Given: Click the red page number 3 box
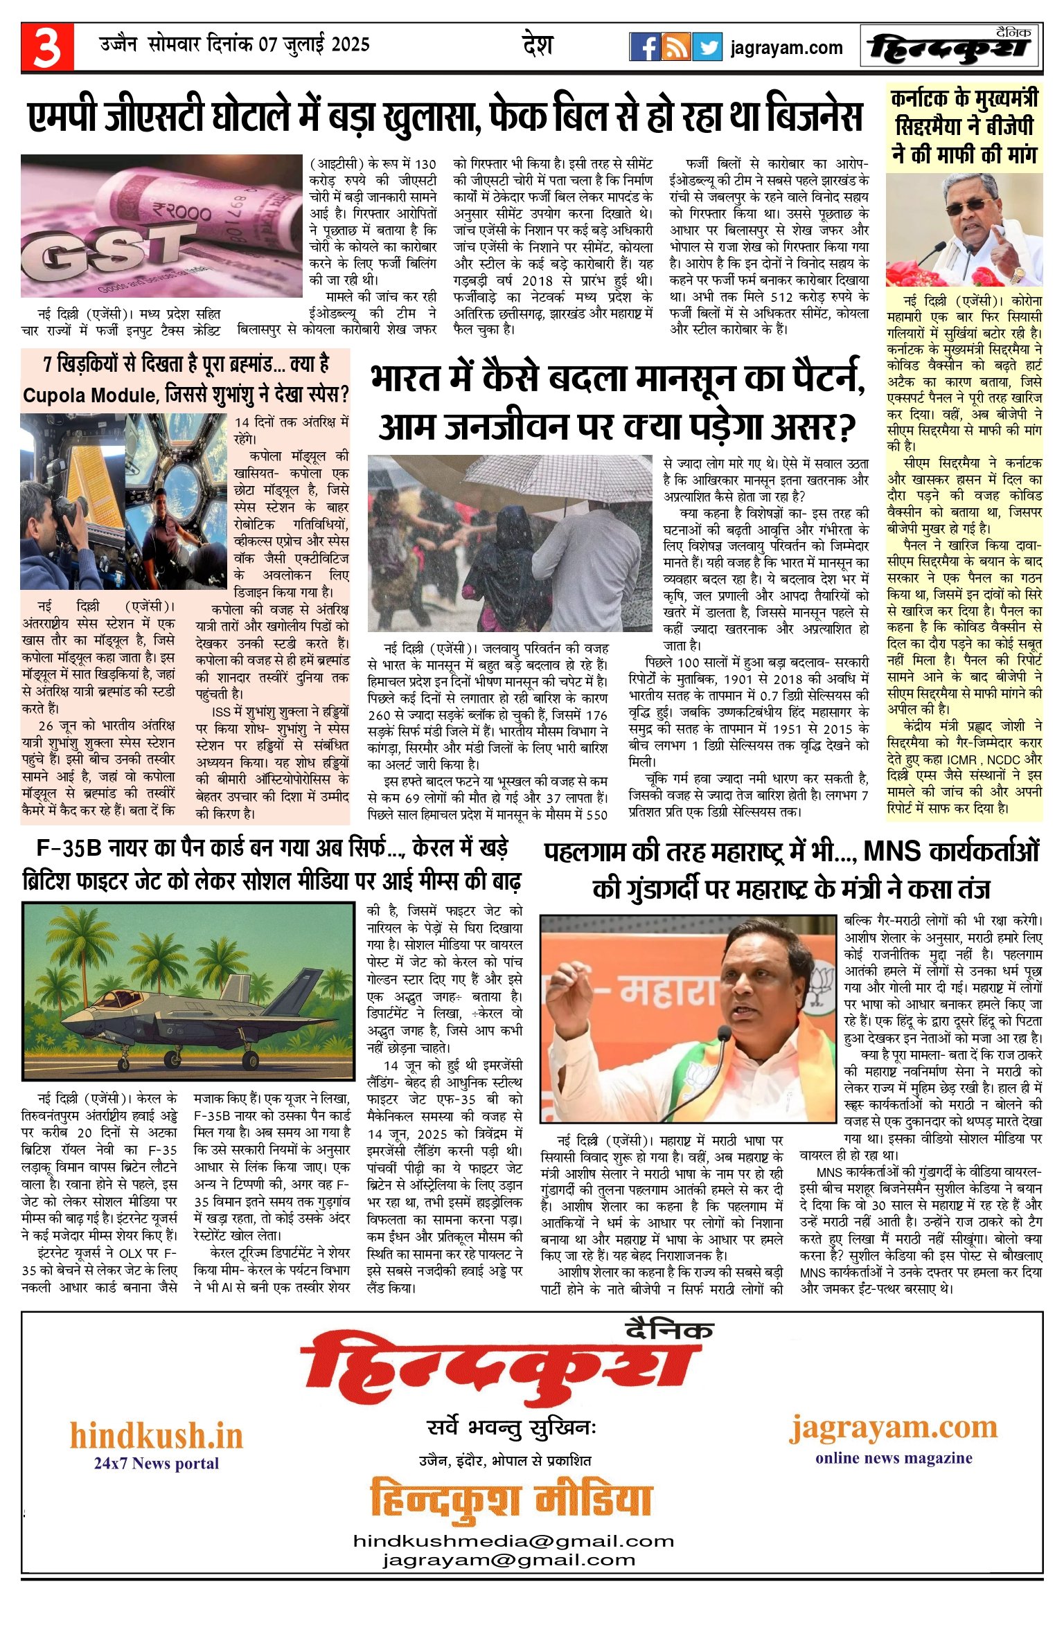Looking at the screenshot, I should coord(47,47).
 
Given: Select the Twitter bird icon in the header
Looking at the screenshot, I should coord(707,47).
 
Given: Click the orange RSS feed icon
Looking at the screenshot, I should coord(675,47).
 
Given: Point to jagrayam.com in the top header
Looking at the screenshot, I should coord(786,48).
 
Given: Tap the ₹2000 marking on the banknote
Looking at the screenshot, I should coord(181,210).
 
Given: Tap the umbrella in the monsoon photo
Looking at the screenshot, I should coord(554,478).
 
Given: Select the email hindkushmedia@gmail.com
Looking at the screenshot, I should coord(513,1541).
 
